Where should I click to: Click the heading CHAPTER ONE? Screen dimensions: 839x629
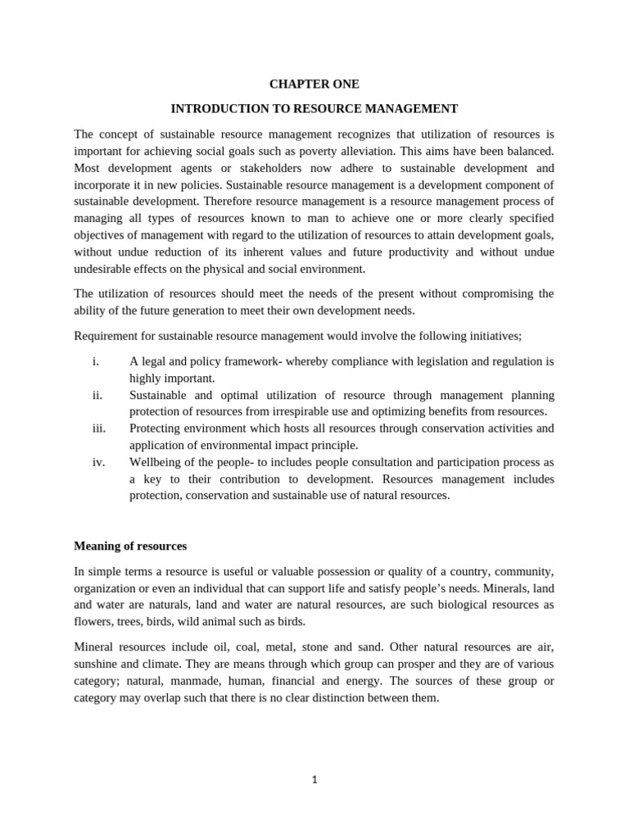pos(314,84)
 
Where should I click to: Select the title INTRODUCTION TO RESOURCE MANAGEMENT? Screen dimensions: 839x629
pos(314,109)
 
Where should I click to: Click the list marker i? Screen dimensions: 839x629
pos(96,361)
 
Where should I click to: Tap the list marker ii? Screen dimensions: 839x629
pos(97,395)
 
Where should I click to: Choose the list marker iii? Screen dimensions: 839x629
pos(99,429)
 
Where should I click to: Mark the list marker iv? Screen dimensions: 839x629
pos(98,462)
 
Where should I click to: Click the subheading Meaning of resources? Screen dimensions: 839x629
pos(130,546)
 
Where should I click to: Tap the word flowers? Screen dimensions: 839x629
pos(92,621)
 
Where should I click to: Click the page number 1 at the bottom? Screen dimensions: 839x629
pos(314,780)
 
